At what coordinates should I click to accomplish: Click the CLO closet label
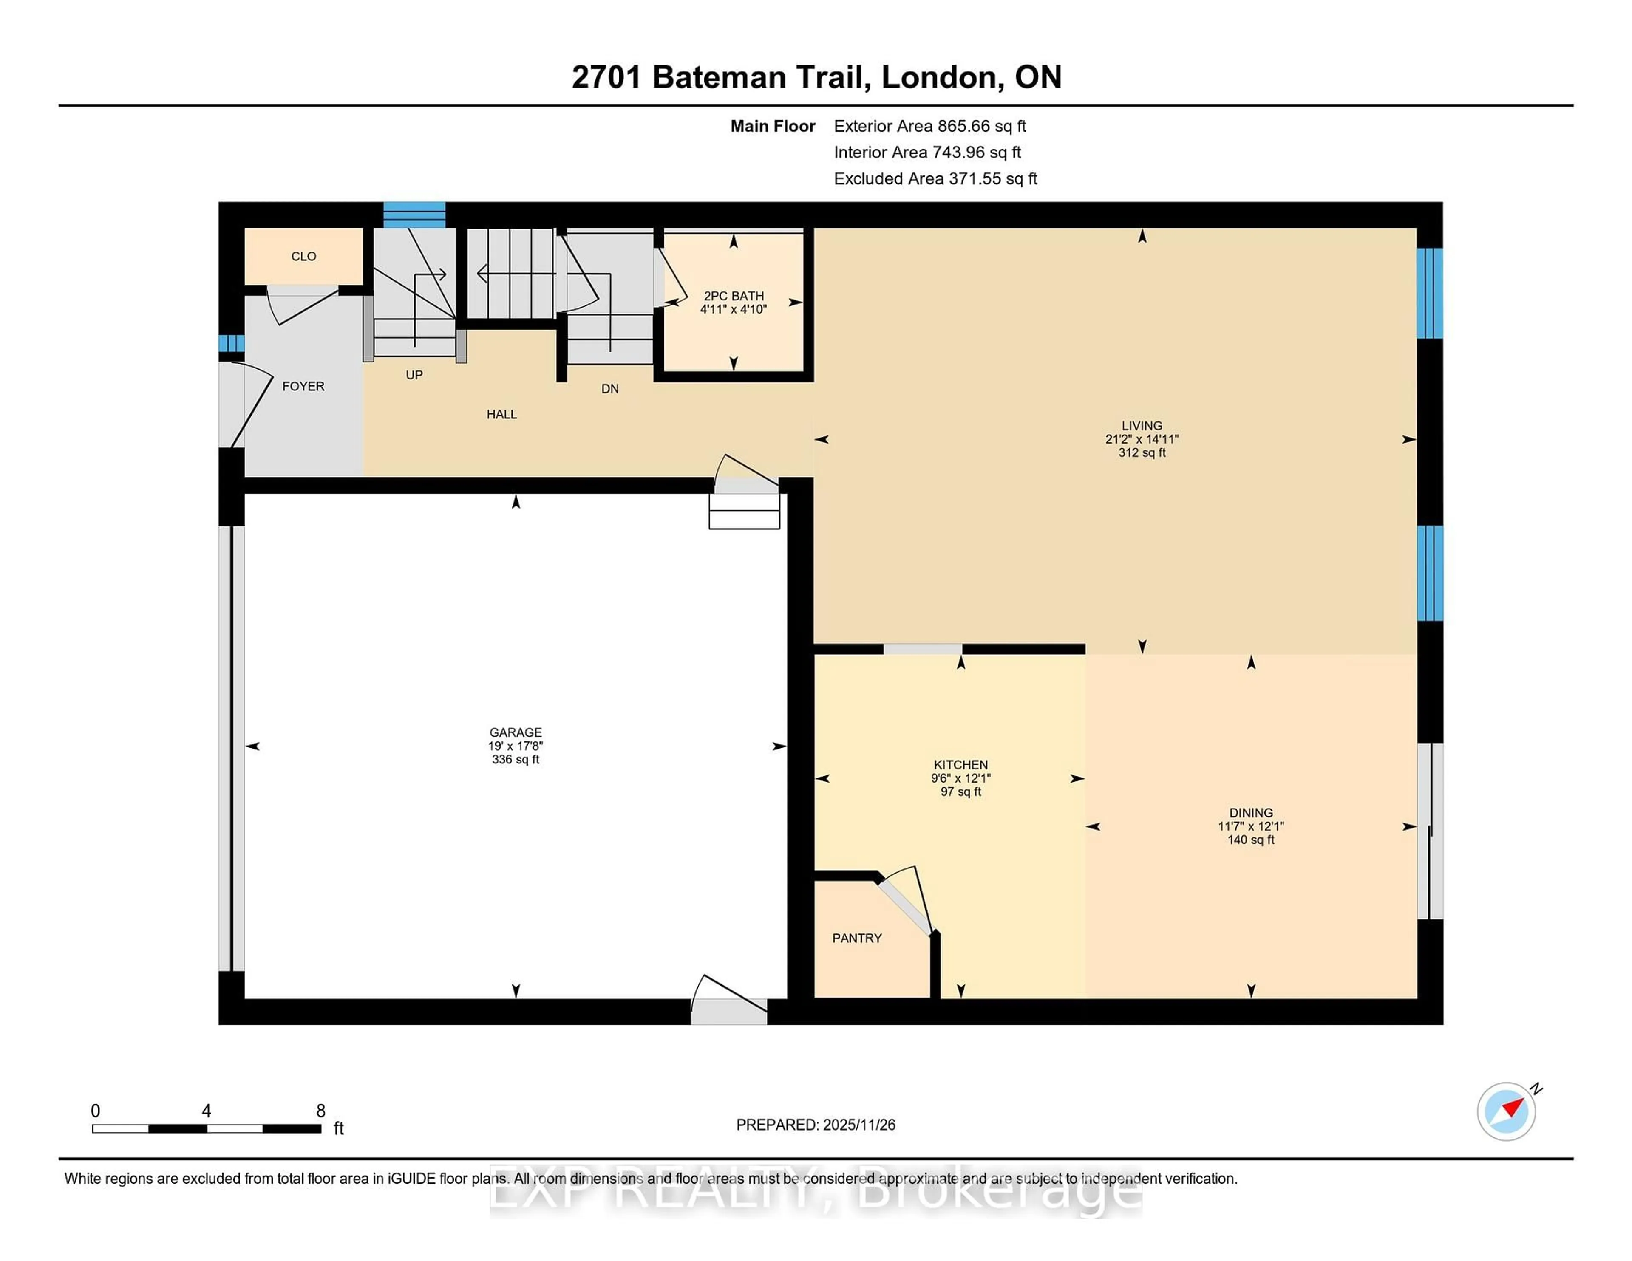click(303, 256)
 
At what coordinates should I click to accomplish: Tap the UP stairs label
click(414, 375)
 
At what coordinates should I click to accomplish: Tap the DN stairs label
click(610, 388)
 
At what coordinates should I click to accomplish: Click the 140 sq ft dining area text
click(1250, 840)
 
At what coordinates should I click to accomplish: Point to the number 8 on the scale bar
click(320, 1111)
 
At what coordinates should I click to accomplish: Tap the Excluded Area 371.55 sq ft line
click(935, 178)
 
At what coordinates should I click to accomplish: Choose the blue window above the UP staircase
click(414, 215)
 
